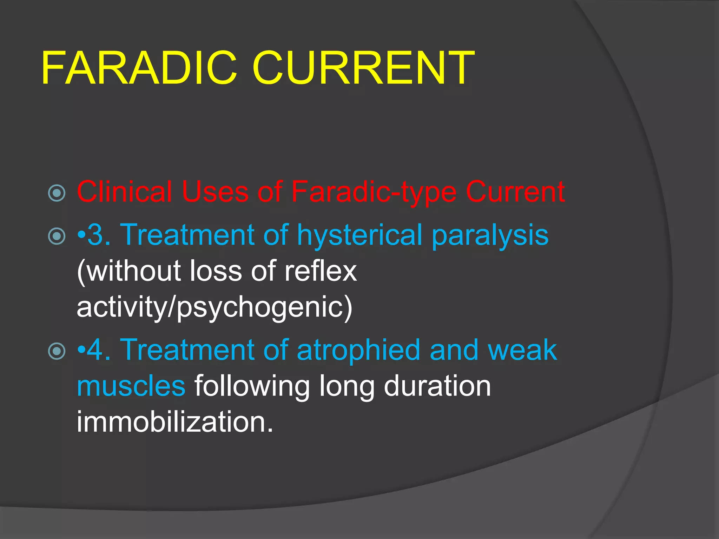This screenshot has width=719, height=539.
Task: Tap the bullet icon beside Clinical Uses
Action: (57, 193)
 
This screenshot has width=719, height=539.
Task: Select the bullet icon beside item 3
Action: (57, 236)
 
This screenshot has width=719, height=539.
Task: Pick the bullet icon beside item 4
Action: (57, 351)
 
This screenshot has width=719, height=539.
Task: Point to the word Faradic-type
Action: (374, 192)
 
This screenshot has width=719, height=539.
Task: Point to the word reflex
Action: (321, 271)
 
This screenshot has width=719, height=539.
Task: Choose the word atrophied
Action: (358, 351)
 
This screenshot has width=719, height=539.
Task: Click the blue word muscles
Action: (131, 386)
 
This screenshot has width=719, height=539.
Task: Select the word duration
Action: (437, 386)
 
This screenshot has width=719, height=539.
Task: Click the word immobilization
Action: (174, 422)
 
